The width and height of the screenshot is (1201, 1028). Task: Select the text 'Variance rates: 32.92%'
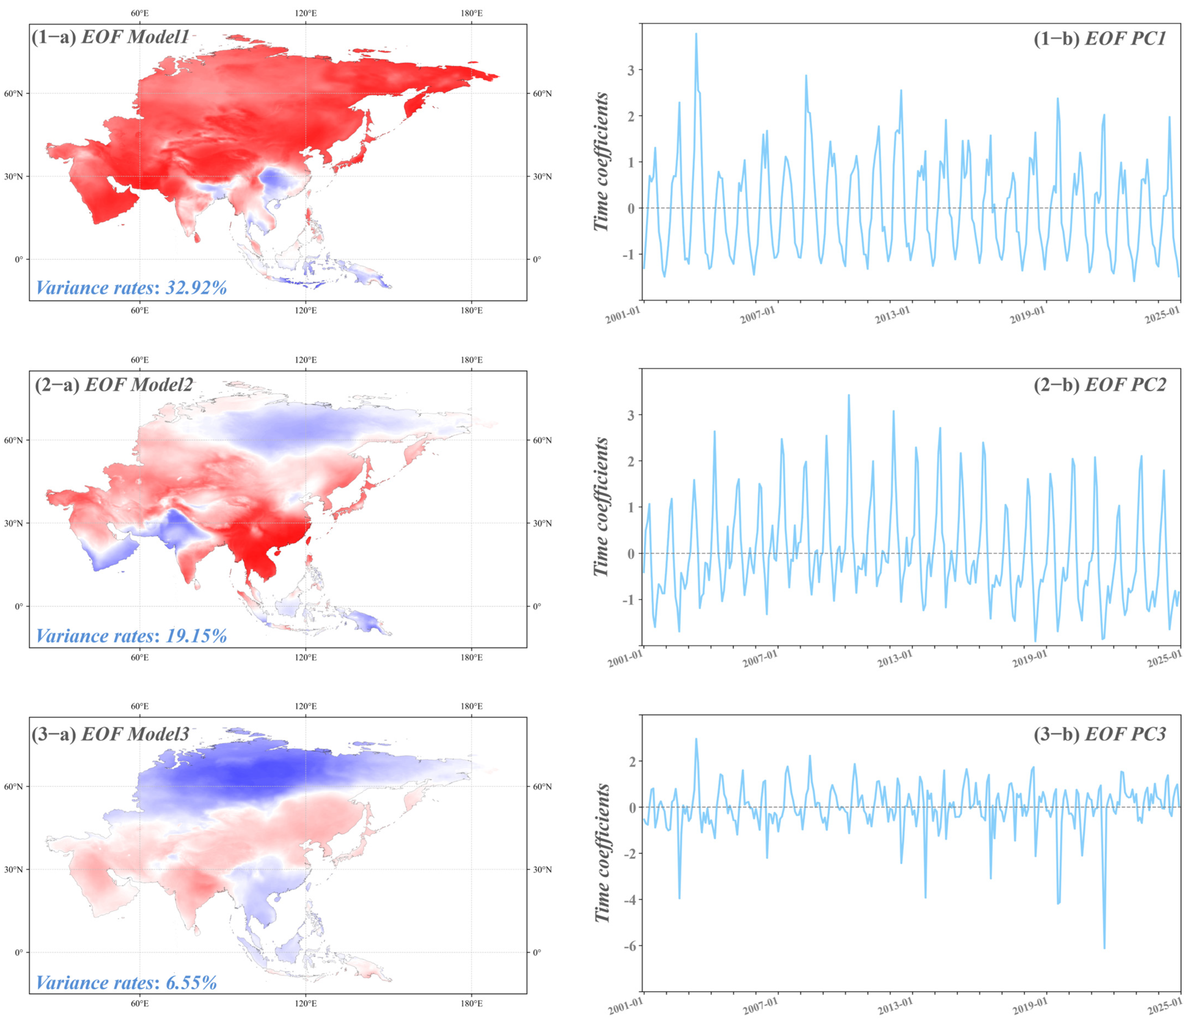tap(131, 288)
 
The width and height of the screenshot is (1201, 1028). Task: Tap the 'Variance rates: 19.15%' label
tap(131, 636)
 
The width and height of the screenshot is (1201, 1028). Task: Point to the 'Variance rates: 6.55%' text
tap(126, 983)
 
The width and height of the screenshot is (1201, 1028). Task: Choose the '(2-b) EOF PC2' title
tap(1099, 385)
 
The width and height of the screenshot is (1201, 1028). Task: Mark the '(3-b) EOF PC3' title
tap(1099, 735)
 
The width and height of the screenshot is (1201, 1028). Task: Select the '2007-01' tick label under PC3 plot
tap(760, 1006)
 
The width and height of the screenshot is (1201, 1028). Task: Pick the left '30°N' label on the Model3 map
tap(13, 869)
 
